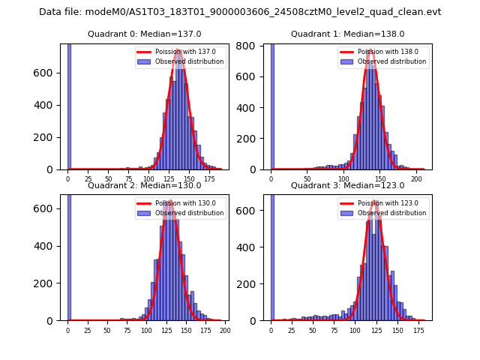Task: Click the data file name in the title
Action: click(x=240, y=12)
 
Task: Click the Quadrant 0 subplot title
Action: click(x=145, y=34)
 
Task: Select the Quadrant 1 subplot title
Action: click(x=348, y=34)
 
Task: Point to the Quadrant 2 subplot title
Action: click(x=145, y=185)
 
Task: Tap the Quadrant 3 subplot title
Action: click(x=348, y=185)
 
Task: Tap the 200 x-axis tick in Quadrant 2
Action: click(x=224, y=331)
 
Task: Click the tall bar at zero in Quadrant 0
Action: click(x=69, y=105)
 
